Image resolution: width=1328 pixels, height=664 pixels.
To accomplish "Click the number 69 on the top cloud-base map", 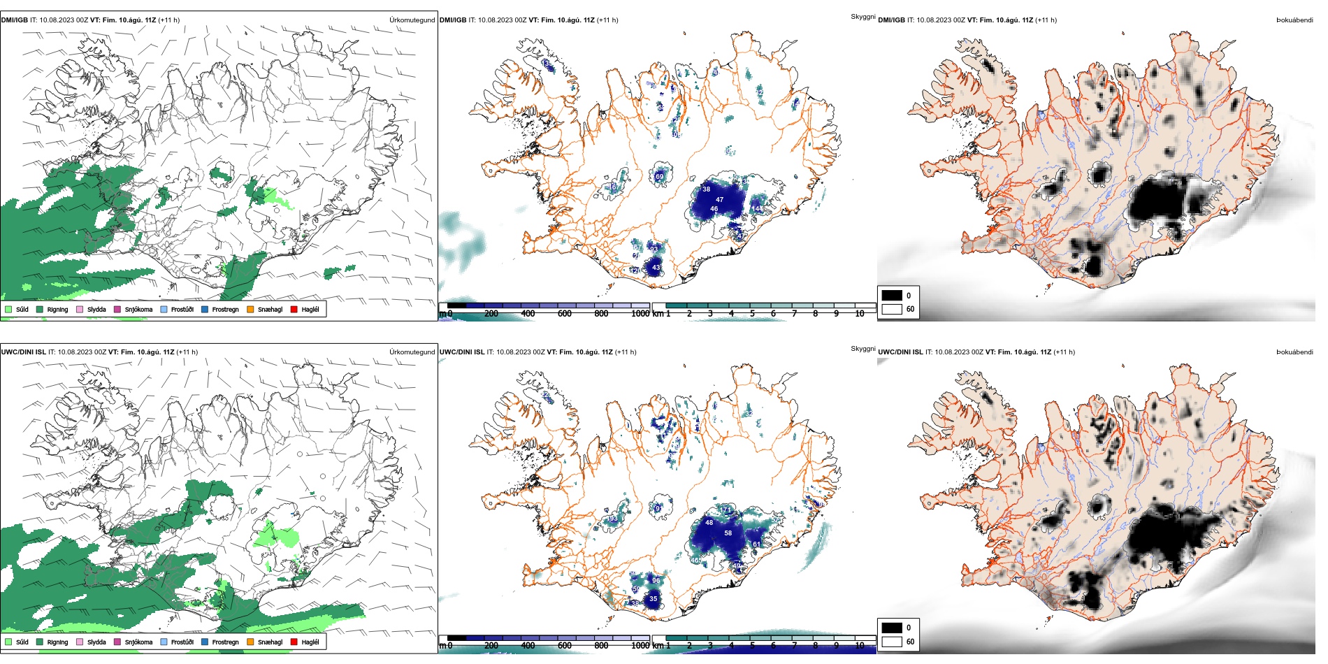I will tap(659, 177).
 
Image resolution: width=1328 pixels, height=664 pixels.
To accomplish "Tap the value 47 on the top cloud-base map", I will tap(719, 200).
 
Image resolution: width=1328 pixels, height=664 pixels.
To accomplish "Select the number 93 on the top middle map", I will tap(654, 249).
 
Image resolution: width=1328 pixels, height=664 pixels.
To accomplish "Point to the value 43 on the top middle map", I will tap(656, 268).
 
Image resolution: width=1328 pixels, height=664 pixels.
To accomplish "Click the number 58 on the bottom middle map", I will tap(728, 533).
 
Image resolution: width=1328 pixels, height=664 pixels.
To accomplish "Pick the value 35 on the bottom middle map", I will tap(654, 599).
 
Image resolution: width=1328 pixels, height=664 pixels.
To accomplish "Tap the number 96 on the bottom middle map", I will tap(656, 581).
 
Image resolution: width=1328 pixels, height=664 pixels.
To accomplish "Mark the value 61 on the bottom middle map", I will tap(756, 544).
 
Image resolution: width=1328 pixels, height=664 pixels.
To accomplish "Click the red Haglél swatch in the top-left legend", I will tap(294, 310).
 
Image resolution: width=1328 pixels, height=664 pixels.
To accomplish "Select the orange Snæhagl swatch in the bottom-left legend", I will tap(250, 642).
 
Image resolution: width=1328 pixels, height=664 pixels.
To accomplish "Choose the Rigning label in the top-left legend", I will tap(57, 310).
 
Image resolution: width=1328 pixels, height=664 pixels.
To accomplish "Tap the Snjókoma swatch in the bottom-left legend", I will tap(117, 642).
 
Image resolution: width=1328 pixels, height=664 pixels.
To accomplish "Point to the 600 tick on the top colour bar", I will tap(565, 314).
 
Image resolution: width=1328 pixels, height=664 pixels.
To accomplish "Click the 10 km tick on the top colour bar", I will tap(860, 314).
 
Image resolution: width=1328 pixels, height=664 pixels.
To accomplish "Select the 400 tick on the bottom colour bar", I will tap(528, 646).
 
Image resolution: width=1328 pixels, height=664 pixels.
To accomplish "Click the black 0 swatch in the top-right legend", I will tap(892, 296).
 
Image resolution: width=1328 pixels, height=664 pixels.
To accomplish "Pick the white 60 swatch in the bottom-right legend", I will tap(892, 642).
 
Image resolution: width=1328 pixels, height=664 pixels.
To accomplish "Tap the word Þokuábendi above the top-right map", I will tap(1294, 20).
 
